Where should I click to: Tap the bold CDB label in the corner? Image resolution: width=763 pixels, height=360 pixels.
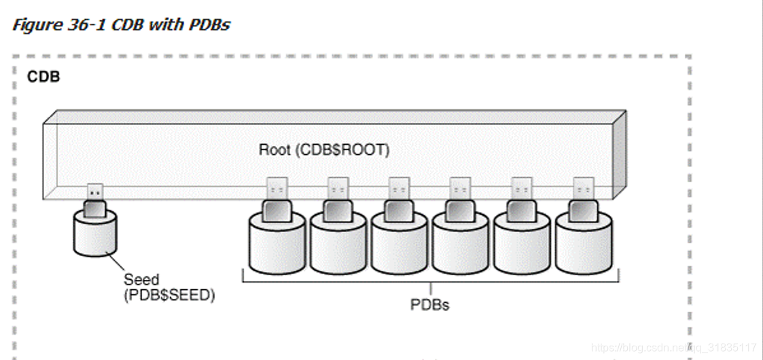click(x=43, y=77)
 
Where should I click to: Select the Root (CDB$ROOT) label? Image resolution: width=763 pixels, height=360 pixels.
click(x=324, y=149)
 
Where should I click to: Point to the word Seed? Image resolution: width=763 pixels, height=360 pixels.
click(x=141, y=279)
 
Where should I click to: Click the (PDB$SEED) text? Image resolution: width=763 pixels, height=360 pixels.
click(x=168, y=295)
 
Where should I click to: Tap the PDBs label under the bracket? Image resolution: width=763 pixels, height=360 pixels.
click(x=429, y=304)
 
